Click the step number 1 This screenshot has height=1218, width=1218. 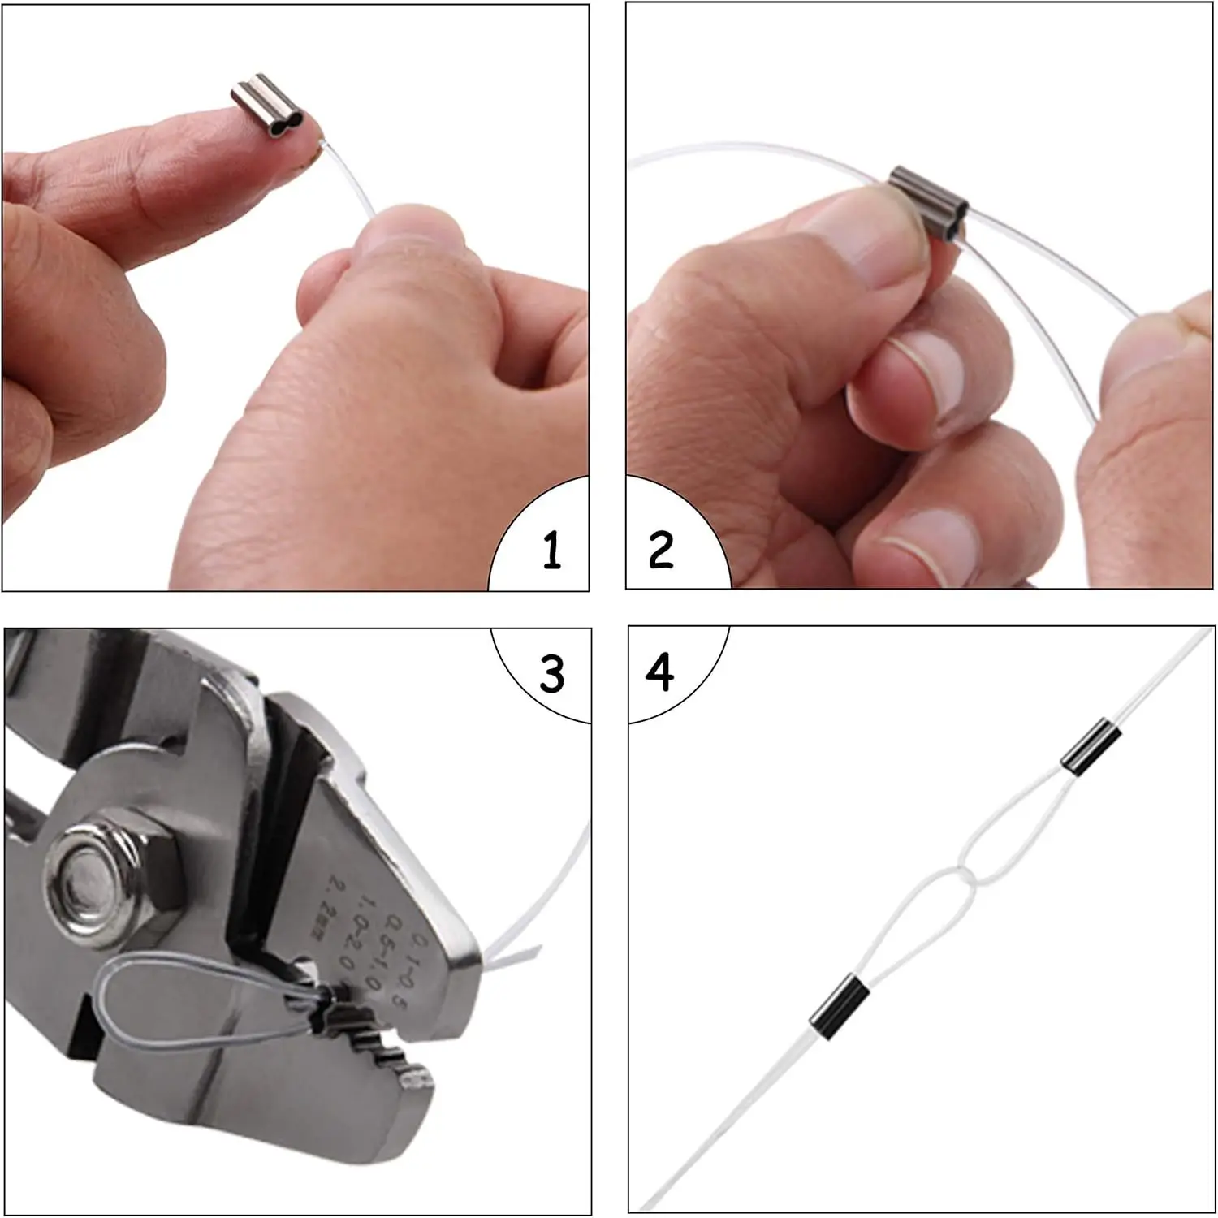(x=552, y=550)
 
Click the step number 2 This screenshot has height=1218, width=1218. (x=660, y=550)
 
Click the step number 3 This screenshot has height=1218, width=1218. (x=552, y=673)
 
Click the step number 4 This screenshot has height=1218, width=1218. (x=659, y=673)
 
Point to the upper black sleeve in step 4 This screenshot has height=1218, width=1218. (x=1091, y=745)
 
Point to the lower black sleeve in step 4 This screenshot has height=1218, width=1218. (x=837, y=1000)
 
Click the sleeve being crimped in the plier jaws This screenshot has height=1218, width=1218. (x=329, y=995)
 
